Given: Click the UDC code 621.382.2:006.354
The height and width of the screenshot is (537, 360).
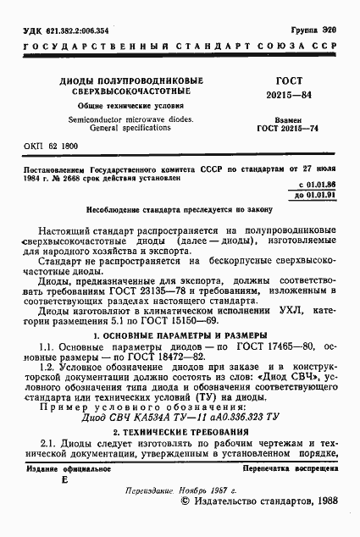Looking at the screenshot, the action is point(64,30).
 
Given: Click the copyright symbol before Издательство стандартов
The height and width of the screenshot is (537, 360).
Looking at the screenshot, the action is point(186,501).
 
